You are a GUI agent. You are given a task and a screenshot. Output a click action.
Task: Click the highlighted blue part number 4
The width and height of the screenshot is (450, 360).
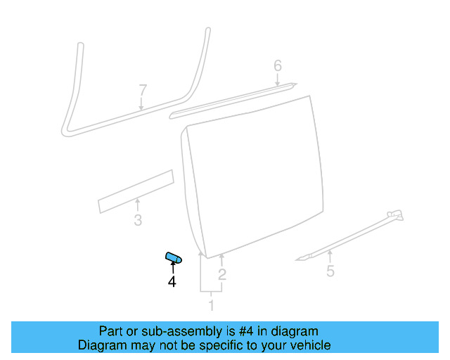173,258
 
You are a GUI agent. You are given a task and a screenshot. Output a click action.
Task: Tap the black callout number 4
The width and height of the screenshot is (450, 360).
172,282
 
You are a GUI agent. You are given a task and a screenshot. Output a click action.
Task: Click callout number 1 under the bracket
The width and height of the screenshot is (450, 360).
210,305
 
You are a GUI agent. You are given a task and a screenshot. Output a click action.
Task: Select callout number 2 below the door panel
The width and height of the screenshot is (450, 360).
221,274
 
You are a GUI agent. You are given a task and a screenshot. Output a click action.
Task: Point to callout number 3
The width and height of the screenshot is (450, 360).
138,221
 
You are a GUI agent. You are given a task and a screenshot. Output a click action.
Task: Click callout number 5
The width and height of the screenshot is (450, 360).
330,271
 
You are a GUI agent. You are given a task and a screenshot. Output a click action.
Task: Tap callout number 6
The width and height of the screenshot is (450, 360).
278,66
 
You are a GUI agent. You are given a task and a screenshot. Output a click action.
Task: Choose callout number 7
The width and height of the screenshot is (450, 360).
143,90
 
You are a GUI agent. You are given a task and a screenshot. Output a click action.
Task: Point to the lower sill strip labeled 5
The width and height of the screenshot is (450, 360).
352,233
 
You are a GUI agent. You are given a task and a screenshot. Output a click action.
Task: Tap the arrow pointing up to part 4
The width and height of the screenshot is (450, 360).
172,267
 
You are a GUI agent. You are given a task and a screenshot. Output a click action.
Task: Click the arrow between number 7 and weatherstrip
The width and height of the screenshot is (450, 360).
142,104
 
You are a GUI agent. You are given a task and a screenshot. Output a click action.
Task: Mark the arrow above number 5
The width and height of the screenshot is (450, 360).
329,255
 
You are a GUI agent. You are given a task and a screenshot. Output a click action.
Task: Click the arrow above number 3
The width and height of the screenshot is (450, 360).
138,205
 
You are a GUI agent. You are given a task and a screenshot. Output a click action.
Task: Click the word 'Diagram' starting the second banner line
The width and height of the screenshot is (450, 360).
100,345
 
